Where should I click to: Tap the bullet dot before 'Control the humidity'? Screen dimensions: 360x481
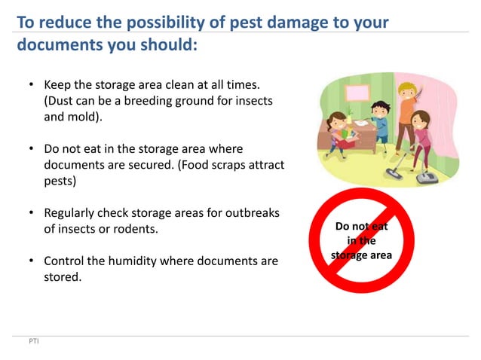(x=30, y=261)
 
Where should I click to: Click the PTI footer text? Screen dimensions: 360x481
(x=34, y=343)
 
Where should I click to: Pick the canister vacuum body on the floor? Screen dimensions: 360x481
(x=427, y=177)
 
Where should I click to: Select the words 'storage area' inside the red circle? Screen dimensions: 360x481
(x=361, y=255)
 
